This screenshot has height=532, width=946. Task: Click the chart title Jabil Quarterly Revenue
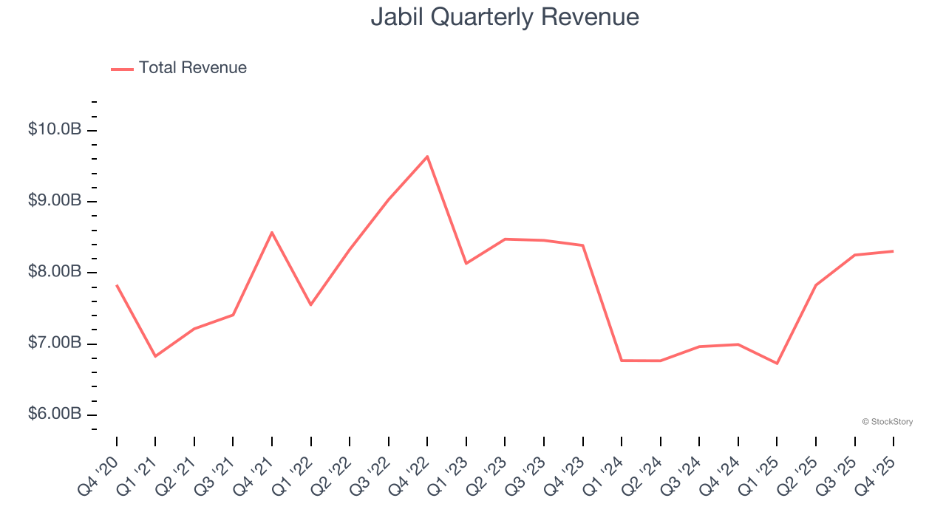[x=504, y=16]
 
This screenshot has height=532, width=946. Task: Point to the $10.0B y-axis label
[x=55, y=130]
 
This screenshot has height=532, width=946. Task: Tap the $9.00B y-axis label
[x=55, y=201]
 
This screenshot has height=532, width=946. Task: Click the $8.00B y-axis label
[x=55, y=272]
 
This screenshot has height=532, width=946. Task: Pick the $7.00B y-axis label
[x=55, y=343]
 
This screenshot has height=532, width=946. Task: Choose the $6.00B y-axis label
[x=55, y=414]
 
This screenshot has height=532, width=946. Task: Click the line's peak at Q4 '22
[x=427, y=157]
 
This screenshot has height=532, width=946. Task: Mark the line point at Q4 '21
[x=272, y=233]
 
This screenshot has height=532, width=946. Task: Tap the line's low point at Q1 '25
[x=777, y=363]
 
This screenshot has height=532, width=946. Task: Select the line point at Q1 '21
[x=155, y=356]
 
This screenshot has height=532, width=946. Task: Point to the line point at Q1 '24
[x=622, y=361]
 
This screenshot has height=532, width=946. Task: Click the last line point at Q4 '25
[x=893, y=251]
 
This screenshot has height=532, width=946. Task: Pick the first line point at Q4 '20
[x=117, y=285]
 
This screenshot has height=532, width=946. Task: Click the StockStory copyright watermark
[x=887, y=422]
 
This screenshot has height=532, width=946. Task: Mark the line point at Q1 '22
[x=310, y=304]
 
